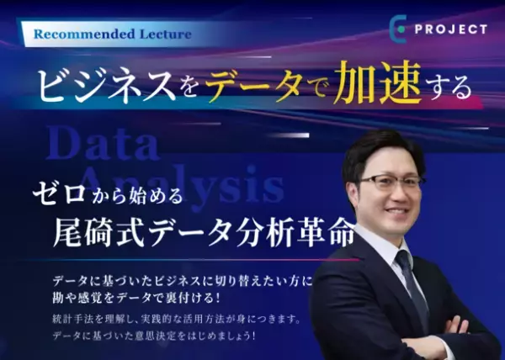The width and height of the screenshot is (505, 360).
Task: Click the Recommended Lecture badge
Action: pyautogui.click(x=114, y=34)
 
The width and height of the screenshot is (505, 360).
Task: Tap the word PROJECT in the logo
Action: pyautogui.click(x=450, y=29)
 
